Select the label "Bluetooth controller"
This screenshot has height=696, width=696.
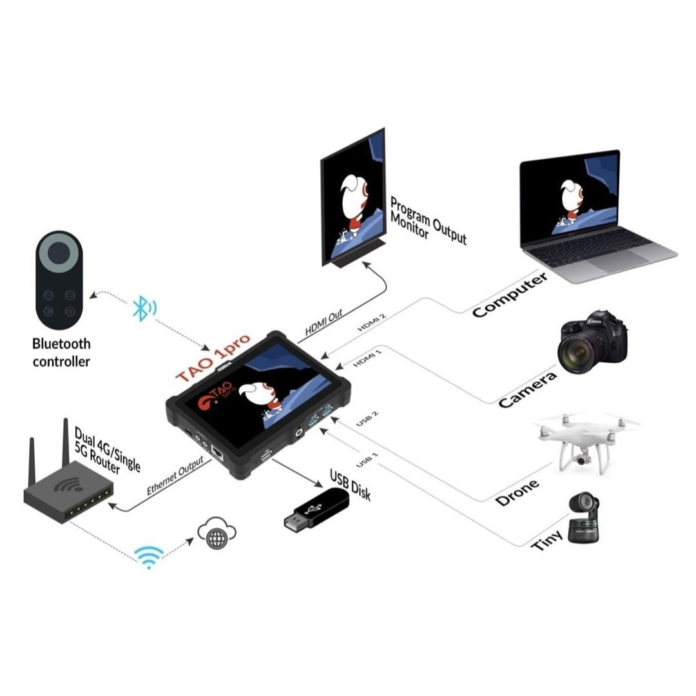pyautogui.click(x=61, y=353)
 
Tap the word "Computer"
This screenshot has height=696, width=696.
pyautogui.click(x=510, y=295)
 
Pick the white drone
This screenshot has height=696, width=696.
pyautogui.click(x=584, y=438)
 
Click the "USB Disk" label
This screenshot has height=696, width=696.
pyautogui.click(x=350, y=484)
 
